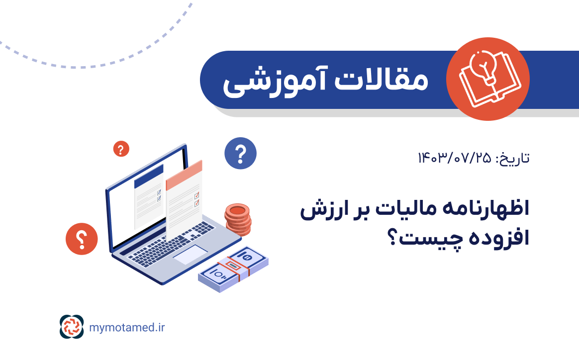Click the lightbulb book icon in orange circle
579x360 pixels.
click(x=487, y=79)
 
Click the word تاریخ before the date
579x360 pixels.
click(x=512, y=158)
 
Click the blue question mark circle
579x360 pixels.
click(x=240, y=153)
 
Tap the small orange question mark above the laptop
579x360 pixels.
click(x=121, y=149)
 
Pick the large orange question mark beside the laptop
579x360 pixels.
click(x=82, y=238)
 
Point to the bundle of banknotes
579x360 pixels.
click(x=233, y=269)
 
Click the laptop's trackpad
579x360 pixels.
click(x=190, y=255)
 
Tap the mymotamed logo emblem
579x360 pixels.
click(x=72, y=327)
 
